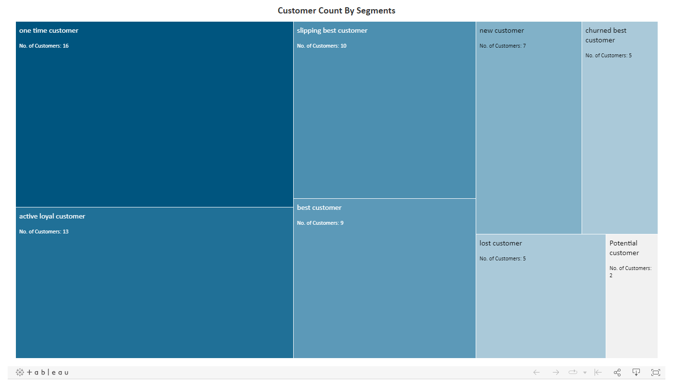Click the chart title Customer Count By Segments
coord(336,11)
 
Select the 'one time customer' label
coord(49,31)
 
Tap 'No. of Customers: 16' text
coord(44,46)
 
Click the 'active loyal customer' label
coord(52,217)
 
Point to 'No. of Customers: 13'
coord(44,232)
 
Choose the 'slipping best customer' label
coord(332,31)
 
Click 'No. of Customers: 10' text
coord(322,46)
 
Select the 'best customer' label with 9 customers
coord(319,208)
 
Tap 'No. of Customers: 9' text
coord(320,223)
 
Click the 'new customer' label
coord(502,31)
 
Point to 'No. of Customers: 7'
coord(503,46)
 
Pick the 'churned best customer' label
coord(606,35)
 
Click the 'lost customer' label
coord(501,244)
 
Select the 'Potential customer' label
coord(624,248)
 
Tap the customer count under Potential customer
coord(630,271)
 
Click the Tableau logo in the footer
coord(42,373)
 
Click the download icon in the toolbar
coord(636,372)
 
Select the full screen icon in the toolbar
coord(655,372)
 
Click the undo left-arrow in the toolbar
coord(536,372)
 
